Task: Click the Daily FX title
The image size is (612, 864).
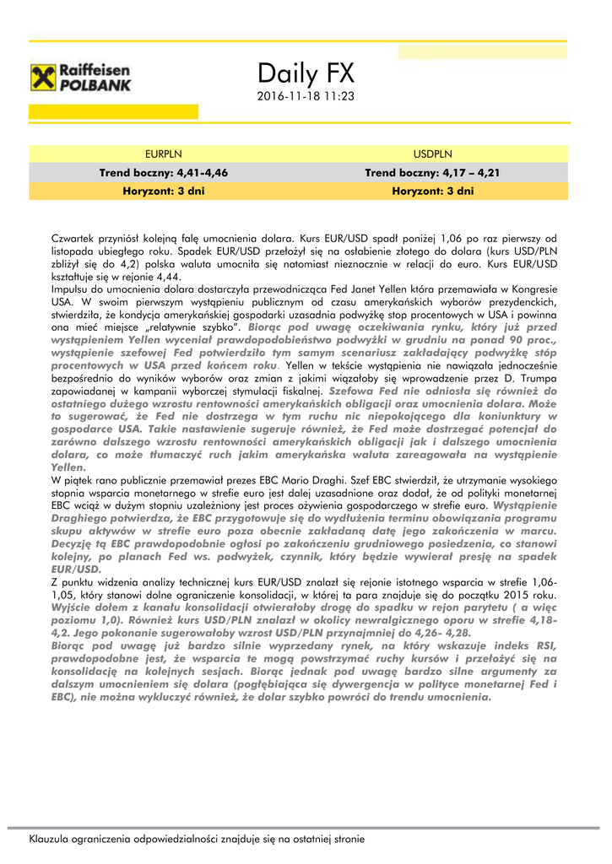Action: click(x=306, y=73)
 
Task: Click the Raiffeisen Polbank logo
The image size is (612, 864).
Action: click(x=81, y=78)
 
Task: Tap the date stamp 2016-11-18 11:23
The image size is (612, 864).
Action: click(x=306, y=97)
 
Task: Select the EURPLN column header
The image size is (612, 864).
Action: click(x=163, y=154)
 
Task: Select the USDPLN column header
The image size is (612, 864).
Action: click(x=432, y=154)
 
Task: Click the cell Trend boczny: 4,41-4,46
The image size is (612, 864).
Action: click(x=163, y=172)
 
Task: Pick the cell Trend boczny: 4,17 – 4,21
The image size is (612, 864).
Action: click(x=432, y=172)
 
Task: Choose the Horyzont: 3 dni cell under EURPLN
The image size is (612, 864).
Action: click(x=163, y=192)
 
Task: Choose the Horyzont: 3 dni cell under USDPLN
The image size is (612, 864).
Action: click(x=432, y=192)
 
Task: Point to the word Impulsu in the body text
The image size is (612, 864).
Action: click(x=71, y=289)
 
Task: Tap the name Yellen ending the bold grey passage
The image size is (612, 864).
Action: click(x=68, y=467)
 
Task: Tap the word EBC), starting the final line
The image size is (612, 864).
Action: click(x=68, y=698)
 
